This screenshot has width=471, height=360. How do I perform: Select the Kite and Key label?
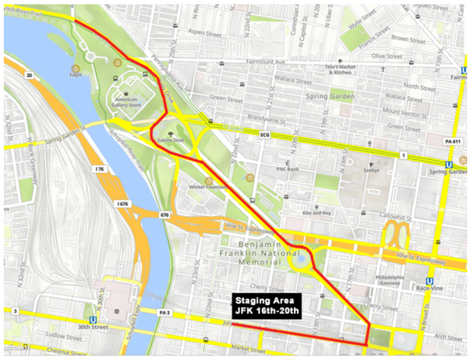(x=317, y=213)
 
